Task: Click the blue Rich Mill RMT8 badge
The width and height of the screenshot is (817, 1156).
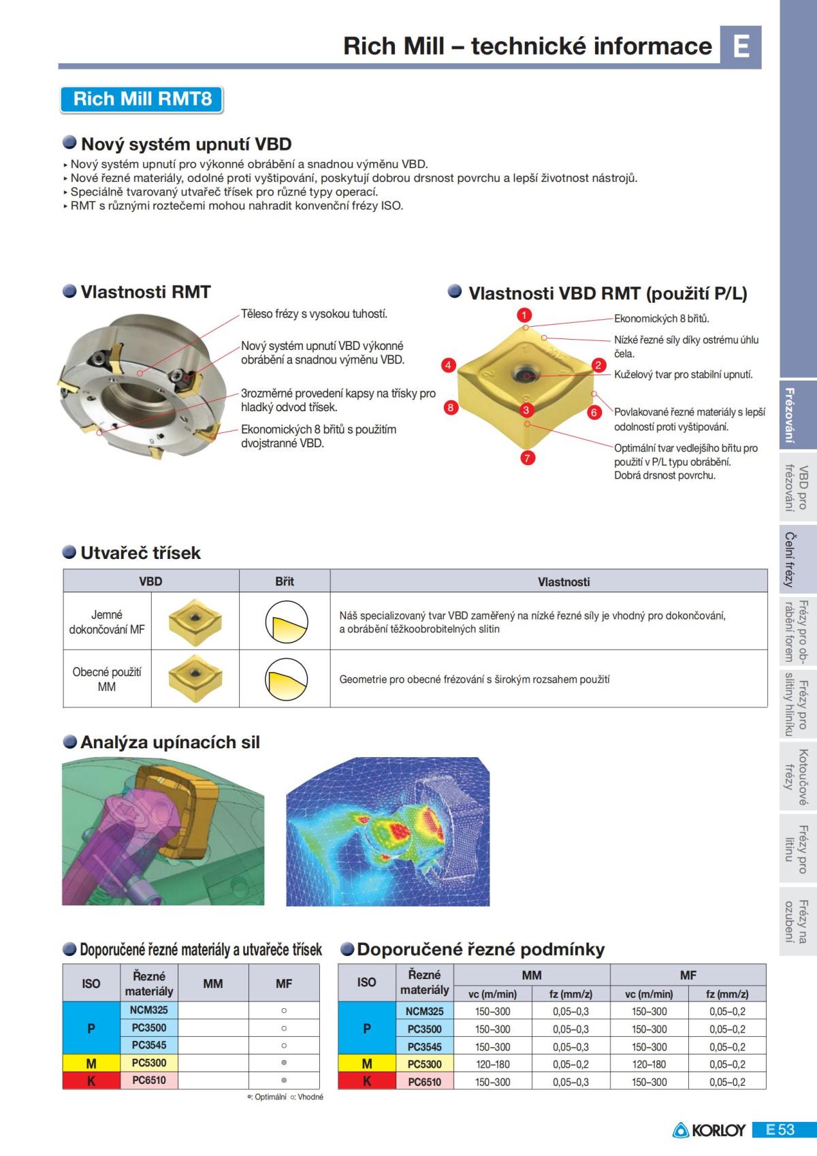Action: point(142,99)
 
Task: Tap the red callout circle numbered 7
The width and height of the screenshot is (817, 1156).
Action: point(527,458)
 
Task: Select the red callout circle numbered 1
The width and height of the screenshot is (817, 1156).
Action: point(524,315)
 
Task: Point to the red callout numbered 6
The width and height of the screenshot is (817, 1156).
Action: point(594,413)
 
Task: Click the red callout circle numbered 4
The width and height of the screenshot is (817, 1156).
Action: point(448,366)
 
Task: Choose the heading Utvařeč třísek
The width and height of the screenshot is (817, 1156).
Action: point(140,553)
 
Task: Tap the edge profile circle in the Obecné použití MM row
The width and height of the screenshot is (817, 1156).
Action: point(286,679)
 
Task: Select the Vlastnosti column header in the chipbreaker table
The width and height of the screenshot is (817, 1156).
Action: point(563,581)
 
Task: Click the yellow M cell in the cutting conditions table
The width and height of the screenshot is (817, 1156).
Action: point(367,1064)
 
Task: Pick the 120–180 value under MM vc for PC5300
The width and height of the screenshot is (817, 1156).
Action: point(492,1064)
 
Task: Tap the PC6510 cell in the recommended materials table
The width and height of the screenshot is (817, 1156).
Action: point(149,1080)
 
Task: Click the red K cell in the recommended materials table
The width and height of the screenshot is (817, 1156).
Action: point(91,1080)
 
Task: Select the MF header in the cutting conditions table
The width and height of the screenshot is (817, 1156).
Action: point(688,975)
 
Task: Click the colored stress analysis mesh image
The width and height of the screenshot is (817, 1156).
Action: point(387,831)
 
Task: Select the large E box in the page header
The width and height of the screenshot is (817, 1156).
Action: point(741,46)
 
